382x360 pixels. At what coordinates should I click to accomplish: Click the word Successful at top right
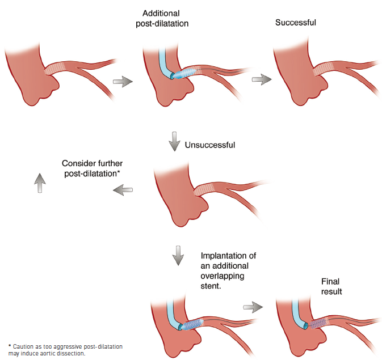click(295, 23)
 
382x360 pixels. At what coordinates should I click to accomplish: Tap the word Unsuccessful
click(209, 145)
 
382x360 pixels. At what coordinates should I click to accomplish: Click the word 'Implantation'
click(225, 256)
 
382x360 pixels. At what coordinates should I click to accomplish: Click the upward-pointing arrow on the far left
click(39, 183)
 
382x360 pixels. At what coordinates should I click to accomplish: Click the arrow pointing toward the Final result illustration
click(253, 307)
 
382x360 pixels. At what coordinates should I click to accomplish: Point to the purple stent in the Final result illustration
click(318, 321)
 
